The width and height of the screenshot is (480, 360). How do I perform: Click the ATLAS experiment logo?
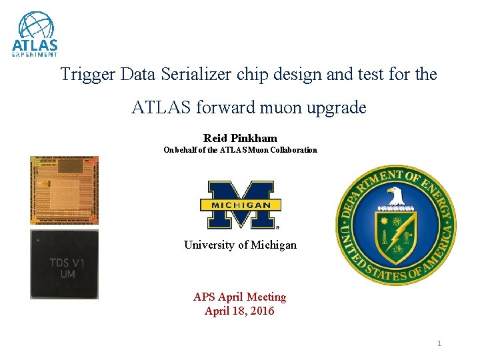pyautogui.click(x=35, y=35)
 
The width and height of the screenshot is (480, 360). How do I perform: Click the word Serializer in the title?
pyautogui.click(x=197, y=74)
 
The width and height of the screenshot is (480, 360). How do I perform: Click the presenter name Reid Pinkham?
pyautogui.click(x=240, y=138)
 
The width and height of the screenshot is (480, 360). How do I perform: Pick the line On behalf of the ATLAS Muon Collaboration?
pyautogui.click(x=240, y=150)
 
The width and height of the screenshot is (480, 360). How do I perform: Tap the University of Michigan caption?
pyautogui.click(x=240, y=245)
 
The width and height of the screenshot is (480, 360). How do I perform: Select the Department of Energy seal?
pyautogui.click(x=395, y=225)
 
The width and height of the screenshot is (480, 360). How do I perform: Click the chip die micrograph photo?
pyautogui.click(x=64, y=191)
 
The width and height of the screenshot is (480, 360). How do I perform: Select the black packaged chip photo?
pyautogui.click(x=64, y=265)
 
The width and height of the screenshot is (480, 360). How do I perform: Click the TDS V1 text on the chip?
pyautogui.click(x=67, y=263)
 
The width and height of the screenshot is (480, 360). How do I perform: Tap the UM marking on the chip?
pyautogui.click(x=67, y=275)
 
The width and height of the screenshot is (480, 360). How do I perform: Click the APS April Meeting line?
pyautogui.click(x=239, y=297)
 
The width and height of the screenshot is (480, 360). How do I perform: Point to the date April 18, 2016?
pyautogui.click(x=239, y=311)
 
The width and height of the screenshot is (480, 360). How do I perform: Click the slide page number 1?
pyautogui.click(x=439, y=343)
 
